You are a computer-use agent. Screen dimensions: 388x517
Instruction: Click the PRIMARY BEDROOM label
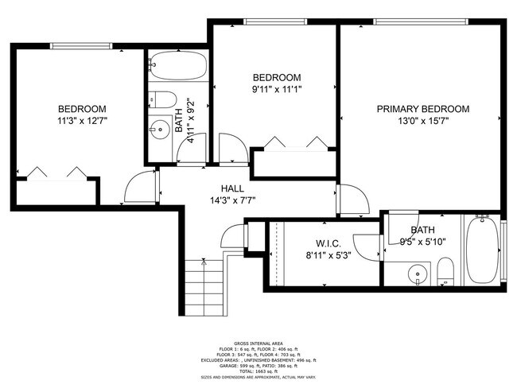[x=422, y=109]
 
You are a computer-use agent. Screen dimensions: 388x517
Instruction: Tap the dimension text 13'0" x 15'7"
[x=422, y=122]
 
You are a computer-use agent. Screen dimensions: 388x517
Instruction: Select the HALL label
[x=232, y=188]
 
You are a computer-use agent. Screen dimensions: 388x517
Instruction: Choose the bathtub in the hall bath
[x=177, y=66]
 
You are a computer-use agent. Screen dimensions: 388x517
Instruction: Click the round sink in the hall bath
[x=161, y=127]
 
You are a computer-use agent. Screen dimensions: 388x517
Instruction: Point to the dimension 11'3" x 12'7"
[x=82, y=122]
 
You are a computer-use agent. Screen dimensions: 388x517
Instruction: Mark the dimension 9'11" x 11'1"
[x=277, y=90]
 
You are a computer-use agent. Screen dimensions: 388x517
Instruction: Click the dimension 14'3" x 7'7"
[x=232, y=200]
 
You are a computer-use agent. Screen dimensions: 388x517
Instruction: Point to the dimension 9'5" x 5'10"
[x=411, y=242]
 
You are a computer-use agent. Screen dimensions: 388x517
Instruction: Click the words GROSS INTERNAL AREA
[x=258, y=344]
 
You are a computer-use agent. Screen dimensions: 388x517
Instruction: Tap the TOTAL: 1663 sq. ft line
[x=258, y=373]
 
